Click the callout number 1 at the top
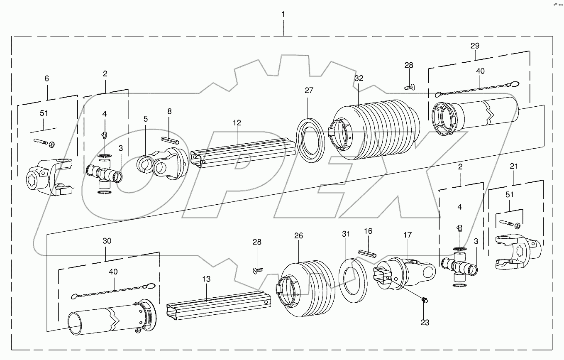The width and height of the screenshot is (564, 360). [283, 15]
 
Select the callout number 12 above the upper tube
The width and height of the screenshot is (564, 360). [237, 123]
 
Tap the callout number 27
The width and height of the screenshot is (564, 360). [309, 91]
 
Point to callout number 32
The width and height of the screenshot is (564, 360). [359, 78]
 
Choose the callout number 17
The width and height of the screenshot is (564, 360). [408, 235]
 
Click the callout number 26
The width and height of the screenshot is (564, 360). [298, 236]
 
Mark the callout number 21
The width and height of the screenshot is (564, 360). [514, 167]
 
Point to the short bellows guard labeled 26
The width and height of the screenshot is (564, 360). [307, 282]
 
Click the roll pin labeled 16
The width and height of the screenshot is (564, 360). [367, 253]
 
